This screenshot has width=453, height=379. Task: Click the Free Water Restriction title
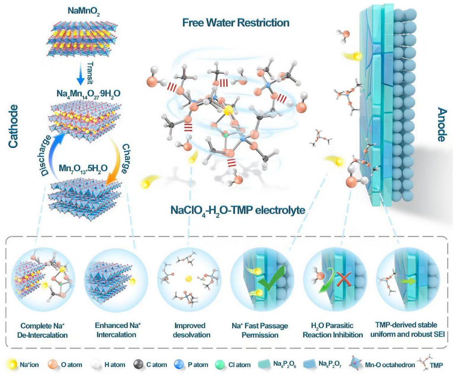[x=235, y=22]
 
